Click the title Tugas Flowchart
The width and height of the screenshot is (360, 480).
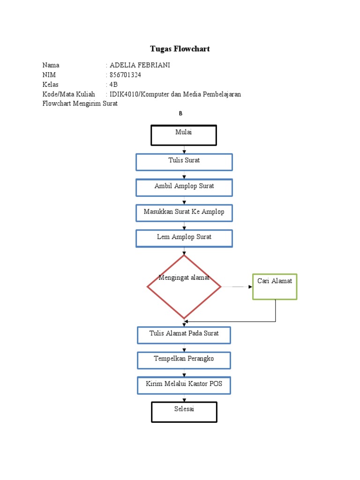click(x=180, y=49)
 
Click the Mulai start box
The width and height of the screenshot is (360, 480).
click(x=184, y=135)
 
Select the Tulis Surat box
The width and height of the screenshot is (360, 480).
click(x=184, y=162)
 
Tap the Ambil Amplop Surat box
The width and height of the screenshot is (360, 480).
click(x=184, y=187)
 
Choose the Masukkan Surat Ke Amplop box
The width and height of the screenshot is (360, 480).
click(x=184, y=213)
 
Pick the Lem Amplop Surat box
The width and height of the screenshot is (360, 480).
click(x=184, y=238)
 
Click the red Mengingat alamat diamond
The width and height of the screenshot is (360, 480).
click(x=184, y=287)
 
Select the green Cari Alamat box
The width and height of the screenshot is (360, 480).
click(x=275, y=286)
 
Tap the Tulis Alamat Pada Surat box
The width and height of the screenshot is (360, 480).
click(x=184, y=335)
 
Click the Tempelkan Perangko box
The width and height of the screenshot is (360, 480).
click(x=184, y=360)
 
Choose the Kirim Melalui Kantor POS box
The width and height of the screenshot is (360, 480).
click(x=184, y=385)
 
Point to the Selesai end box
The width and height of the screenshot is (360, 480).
click(x=184, y=412)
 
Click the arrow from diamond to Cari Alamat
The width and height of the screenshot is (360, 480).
click(x=237, y=286)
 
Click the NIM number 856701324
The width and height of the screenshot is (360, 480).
click(x=125, y=75)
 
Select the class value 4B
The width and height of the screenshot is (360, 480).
click(x=114, y=84)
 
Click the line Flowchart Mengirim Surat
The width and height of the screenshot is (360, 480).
click(x=80, y=104)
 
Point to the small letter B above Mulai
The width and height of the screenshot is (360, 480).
click(x=180, y=114)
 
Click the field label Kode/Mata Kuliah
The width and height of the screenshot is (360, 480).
click(x=68, y=94)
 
